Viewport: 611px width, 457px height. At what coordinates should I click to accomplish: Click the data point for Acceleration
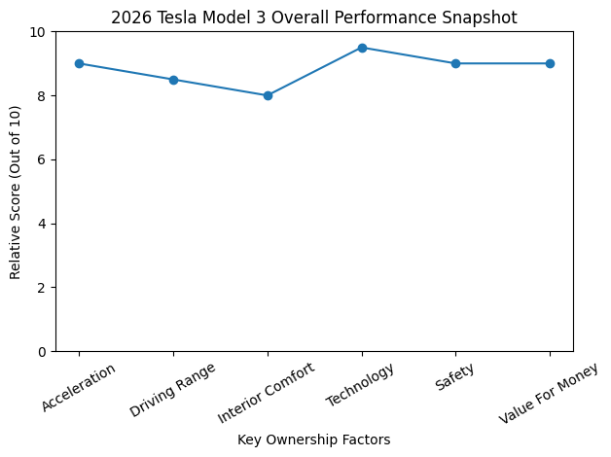79,63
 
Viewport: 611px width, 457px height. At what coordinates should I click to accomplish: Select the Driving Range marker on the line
173,80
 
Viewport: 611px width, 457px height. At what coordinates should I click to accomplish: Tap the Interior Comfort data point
268,95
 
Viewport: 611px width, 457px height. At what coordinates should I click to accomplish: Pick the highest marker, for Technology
362,48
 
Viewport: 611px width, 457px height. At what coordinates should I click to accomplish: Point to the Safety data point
455,63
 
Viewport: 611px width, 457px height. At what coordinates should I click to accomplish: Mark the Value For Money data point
550,63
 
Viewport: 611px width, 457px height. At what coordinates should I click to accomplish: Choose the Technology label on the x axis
360,384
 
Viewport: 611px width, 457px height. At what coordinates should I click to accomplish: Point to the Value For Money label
548,393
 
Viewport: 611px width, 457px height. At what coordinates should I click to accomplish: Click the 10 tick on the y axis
39,32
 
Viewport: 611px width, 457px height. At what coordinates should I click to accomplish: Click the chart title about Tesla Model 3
313,18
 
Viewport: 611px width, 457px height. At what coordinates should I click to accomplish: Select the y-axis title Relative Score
15,192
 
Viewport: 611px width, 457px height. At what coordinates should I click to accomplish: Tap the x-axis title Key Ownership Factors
313,439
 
